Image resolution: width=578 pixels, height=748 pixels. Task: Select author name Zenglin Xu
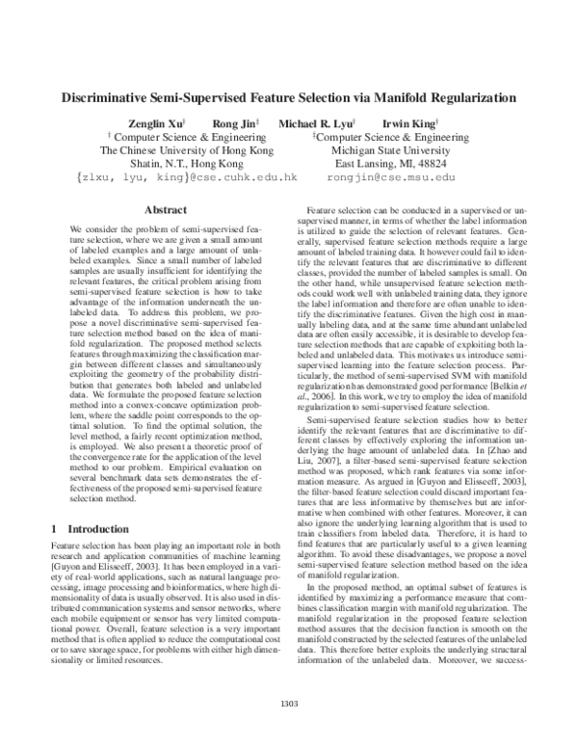click(152, 123)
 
